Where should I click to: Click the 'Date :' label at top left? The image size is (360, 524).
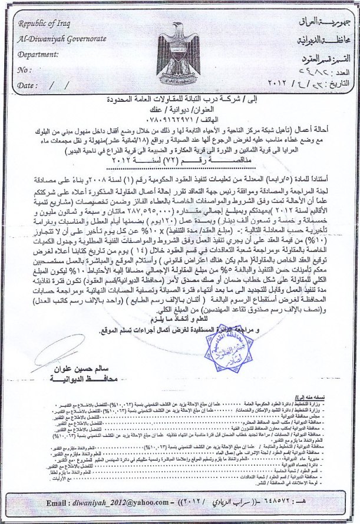pos(27,85)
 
